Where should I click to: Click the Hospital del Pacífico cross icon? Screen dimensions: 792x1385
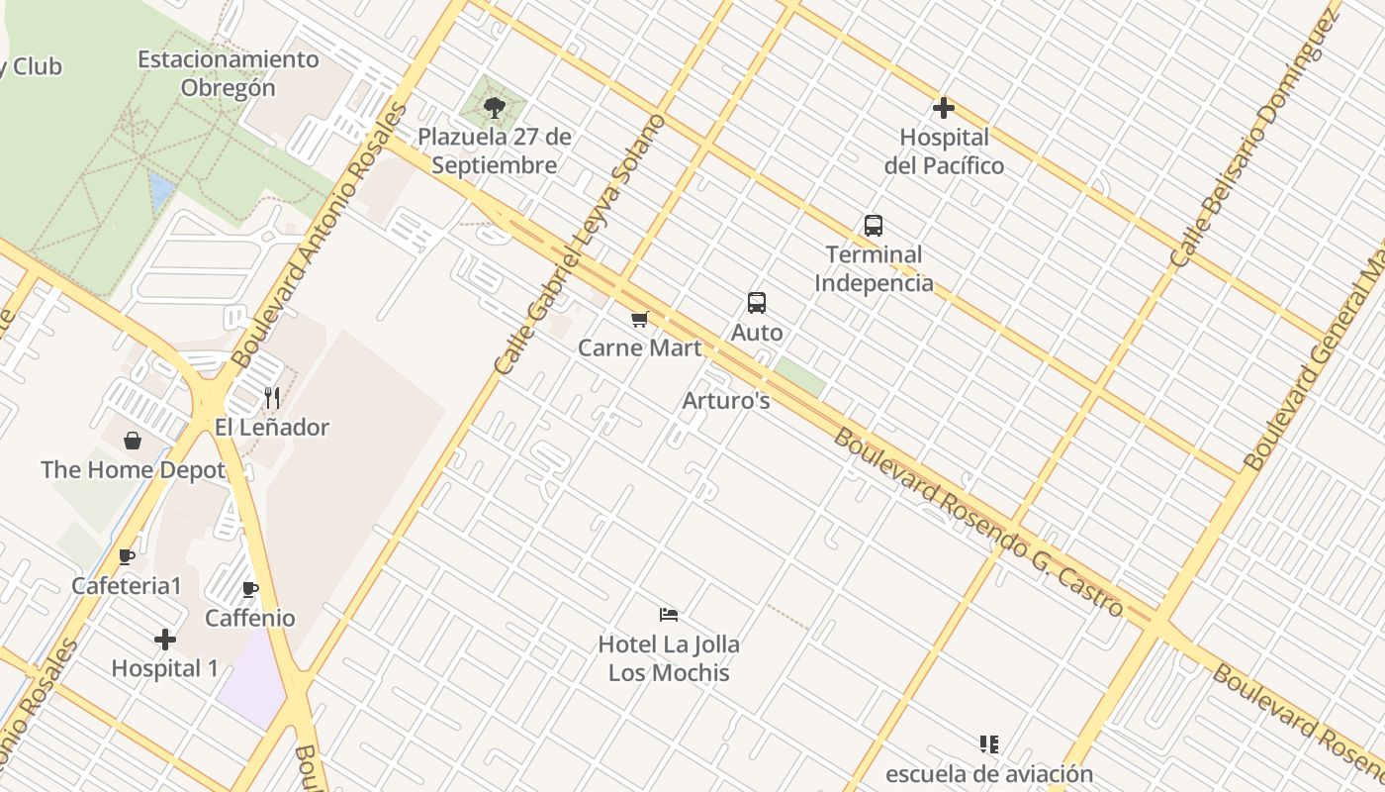(944, 108)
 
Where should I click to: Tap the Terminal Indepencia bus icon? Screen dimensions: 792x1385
(873, 226)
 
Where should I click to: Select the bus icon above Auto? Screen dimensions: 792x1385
(757, 303)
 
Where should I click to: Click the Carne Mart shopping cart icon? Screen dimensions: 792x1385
(639, 319)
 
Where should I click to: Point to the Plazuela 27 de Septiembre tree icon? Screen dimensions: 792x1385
(495, 107)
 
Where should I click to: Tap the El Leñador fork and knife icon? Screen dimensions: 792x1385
(272, 398)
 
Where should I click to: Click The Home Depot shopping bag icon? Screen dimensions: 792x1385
(133, 441)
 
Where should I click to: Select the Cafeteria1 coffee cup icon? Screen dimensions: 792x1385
(127, 556)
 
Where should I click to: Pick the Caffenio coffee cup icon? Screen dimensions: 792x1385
(250, 590)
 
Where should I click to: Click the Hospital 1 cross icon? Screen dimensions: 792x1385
(165, 640)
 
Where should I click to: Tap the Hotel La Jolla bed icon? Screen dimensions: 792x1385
(669, 615)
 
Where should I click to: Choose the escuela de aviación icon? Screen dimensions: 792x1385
(988, 744)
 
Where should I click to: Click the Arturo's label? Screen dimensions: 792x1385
(726, 401)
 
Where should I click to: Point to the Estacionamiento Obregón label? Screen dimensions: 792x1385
(229, 73)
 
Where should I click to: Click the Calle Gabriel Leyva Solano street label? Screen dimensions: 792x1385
(581, 245)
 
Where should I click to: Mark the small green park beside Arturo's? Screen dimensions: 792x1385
(799, 377)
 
